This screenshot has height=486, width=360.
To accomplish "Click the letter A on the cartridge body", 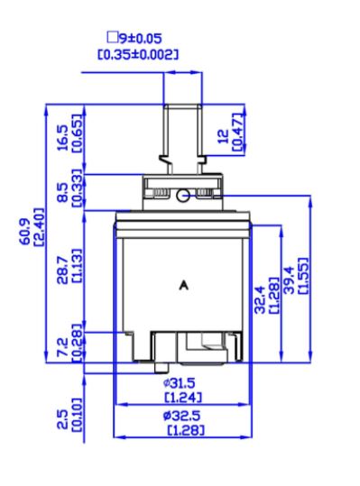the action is coord(184,285).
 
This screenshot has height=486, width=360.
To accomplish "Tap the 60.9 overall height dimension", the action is coord(25,232).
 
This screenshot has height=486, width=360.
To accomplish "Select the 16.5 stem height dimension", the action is coord(63,138).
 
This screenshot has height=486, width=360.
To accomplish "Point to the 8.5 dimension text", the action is coord(63,192).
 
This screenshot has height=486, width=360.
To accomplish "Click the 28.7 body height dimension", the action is coord(63,270).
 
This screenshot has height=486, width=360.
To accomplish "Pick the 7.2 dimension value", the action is coord(63,347).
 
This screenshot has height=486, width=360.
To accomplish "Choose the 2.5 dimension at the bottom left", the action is coord(63,419).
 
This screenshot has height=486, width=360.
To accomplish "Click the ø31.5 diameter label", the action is coord(180,384).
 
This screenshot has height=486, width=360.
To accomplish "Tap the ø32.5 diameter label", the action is coord(181,416).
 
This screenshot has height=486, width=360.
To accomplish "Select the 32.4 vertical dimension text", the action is coord(260,299).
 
